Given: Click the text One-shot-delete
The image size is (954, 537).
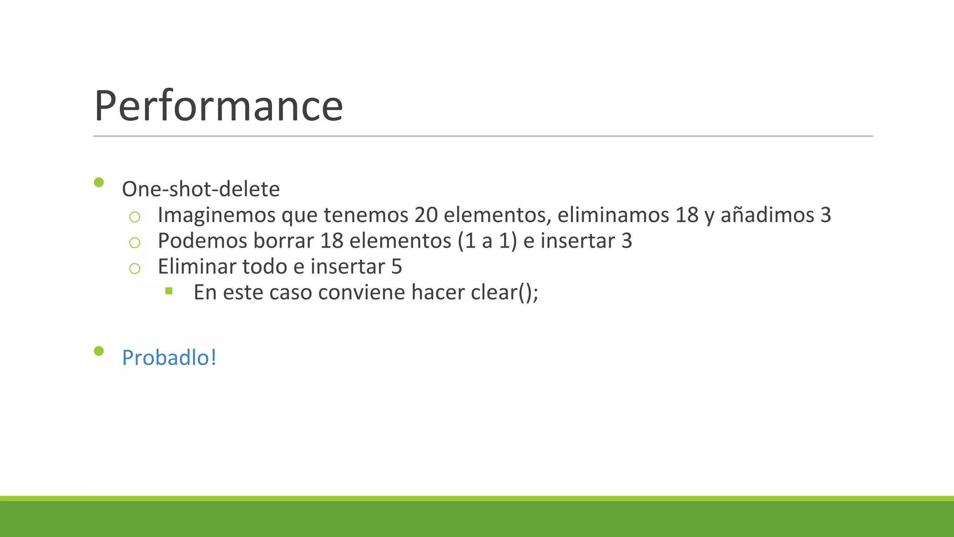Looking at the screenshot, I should point(201,189).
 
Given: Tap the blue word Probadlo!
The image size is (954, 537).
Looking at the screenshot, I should point(169,358).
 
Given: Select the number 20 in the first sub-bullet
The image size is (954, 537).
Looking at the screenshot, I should point(426,215).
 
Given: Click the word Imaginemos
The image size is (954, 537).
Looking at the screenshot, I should point(217,215).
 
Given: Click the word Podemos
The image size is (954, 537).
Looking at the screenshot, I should point(203,241).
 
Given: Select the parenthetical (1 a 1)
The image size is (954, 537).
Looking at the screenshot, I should point(487,241).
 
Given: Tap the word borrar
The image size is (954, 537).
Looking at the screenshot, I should point(284,241).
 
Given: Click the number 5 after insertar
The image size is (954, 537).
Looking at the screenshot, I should point(396,267).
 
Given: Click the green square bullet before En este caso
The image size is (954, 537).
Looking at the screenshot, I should point(169,291).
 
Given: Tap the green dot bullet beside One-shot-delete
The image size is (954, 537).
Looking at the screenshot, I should point(99,182).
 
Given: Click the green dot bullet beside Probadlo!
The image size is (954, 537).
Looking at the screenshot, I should point(99,351).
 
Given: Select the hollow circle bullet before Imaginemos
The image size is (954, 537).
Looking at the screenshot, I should point(135,217).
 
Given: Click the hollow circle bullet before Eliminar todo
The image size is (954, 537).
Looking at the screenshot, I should point(135,268).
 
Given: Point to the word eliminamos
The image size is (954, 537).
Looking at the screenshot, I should point(613,215).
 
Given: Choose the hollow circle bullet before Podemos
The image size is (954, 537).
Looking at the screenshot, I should point(135,242).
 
